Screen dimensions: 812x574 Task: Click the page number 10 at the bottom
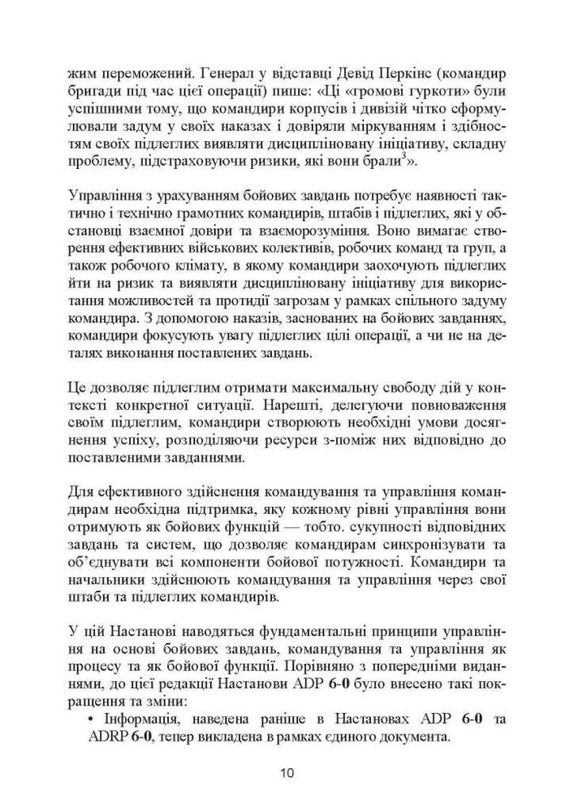(x=287, y=772)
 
